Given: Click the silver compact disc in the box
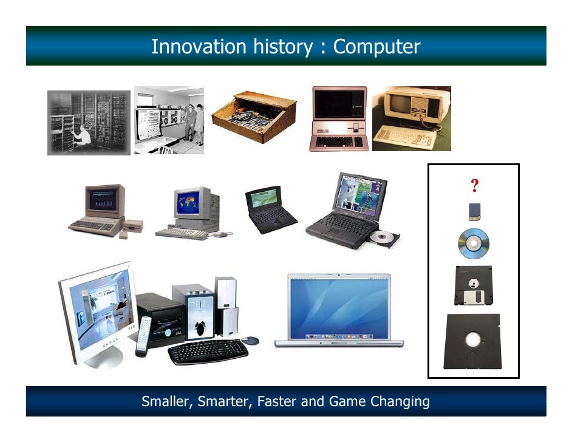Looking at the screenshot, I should (x=474, y=244).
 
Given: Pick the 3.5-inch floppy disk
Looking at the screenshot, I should (x=474, y=285).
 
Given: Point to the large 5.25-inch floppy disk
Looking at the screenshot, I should (x=472, y=341).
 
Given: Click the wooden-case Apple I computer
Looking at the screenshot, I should (x=254, y=117).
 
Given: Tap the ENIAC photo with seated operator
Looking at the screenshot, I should (x=89, y=122).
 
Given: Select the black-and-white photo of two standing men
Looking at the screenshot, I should (x=169, y=120).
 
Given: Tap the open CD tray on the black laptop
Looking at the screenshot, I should (x=384, y=237).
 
